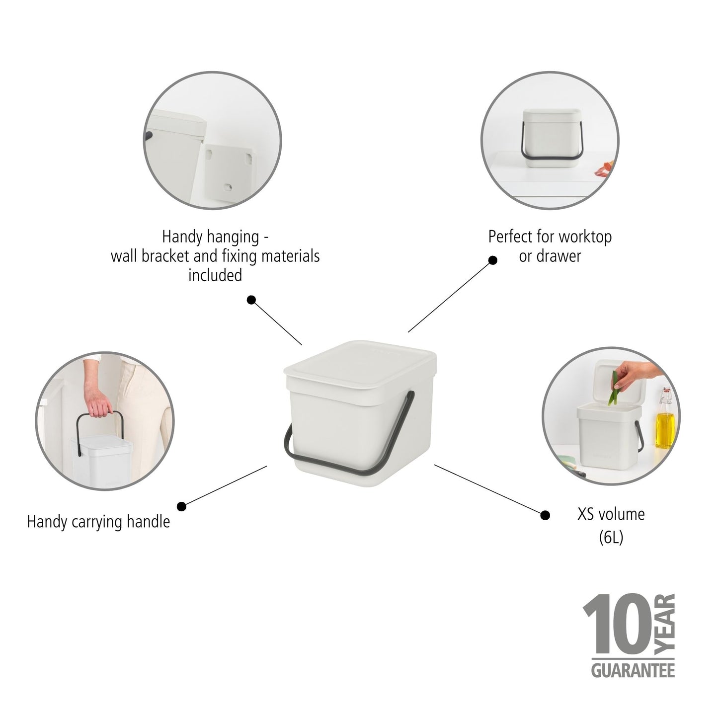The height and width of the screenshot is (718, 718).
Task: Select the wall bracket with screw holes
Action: pos(229,173)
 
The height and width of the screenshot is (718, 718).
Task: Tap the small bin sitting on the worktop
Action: pos(552,138)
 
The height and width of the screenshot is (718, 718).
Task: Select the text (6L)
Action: pos(611,537)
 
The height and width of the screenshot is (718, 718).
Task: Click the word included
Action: pos(215,276)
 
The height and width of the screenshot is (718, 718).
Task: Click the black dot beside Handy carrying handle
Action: pos(181,506)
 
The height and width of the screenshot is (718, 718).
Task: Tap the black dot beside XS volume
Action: pos(545,515)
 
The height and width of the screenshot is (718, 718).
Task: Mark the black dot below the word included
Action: pos(251,300)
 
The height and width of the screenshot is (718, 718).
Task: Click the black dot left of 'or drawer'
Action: pos(492,260)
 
